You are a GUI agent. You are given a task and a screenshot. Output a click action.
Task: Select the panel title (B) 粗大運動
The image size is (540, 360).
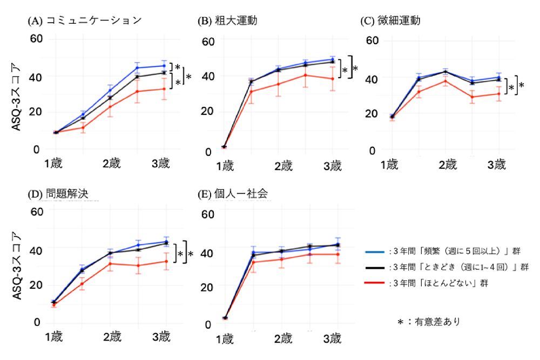tap(227, 21)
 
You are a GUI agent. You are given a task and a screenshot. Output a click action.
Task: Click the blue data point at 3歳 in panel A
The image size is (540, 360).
tap(164, 66)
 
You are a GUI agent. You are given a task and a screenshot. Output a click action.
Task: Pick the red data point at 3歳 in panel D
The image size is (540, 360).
tap(164, 261)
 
